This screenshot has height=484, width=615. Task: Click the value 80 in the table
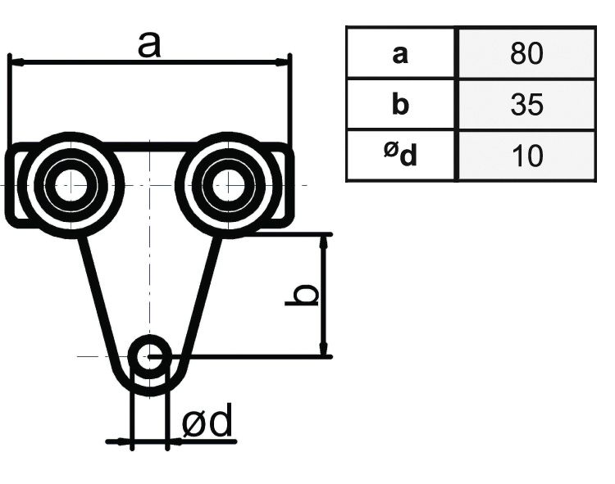(x=526, y=53)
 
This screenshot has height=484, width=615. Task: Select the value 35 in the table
(x=526, y=105)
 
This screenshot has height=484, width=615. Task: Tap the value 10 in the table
(x=527, y=156)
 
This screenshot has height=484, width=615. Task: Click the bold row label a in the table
(x=399, y=54)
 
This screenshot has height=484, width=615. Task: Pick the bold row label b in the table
(x=400, y=104)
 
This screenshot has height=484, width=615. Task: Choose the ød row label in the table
(x=400, y=154)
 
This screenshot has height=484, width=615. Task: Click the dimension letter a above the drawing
(x=149, y=45)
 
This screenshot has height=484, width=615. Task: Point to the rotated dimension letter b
(x=302, y=296)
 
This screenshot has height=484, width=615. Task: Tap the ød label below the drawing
(x=207, y=421)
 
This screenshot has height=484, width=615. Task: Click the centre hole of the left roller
(x=71, y=185)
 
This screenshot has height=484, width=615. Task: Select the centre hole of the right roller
(x=228, y=185)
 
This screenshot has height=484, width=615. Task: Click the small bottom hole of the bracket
(x=149, y=357)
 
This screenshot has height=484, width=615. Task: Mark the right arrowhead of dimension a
(x=281, y=62)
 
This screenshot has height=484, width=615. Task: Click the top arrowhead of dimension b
(x=324, y=242)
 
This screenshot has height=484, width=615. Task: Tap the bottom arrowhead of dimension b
(x=324, y=349)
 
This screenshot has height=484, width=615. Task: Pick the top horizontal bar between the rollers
(x=149, y=147)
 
